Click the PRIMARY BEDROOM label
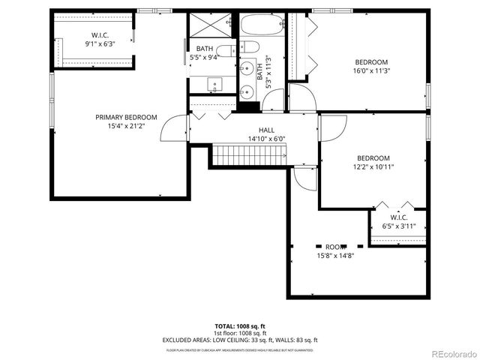click(125, 117)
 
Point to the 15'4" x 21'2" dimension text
click(125, 127)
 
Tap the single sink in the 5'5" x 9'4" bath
click(215, 85)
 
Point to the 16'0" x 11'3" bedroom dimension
click(371, 71)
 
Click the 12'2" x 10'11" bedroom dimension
click(373, 166)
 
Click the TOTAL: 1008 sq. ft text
click(239, 326)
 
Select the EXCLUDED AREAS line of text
click(239, 340)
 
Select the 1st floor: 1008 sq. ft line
click(239, 333)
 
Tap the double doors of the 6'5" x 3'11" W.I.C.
click(395, 205)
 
